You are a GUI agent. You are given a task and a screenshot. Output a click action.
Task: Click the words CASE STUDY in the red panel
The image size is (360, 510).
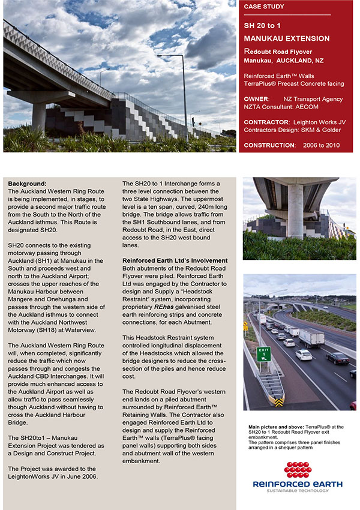tap(265, 7)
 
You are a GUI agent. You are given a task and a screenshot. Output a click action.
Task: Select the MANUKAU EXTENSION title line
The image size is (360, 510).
tap(287, 38)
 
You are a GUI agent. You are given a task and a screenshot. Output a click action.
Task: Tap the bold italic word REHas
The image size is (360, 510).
tap(164, 307)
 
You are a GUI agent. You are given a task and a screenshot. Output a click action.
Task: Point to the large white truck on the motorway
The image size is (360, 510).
tap(311, 338)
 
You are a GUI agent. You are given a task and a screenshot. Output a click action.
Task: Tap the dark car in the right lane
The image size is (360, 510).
tap(337, 358)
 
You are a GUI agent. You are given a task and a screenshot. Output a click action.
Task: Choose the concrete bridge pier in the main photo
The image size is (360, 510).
tap(39, 114)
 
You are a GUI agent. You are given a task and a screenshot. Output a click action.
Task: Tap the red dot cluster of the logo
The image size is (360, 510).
tap(298, 470)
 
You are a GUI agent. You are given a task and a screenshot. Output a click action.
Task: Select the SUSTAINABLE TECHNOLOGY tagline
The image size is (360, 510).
tap(298, 491)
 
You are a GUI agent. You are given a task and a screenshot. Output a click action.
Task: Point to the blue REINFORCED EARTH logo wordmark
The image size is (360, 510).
tap(298, 484)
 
